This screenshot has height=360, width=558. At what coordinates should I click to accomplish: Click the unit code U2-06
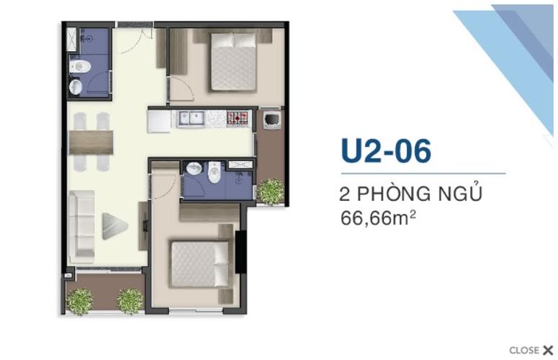coord(386,151)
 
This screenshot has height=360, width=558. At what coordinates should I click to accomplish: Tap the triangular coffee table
coord(113,225)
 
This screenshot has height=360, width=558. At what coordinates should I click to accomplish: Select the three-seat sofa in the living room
coord(81,224)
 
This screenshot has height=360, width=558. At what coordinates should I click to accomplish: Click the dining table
coord(91,142)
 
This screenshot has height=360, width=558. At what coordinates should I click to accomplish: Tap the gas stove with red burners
coord(238,118)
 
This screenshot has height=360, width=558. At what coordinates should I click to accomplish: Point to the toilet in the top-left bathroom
coord(80,67)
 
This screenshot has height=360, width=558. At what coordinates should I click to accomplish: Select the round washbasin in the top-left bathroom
coord(76,87)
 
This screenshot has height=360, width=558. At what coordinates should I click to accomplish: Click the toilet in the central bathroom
coord(214,173)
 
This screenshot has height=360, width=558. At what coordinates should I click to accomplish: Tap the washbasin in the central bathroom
coord(194,170)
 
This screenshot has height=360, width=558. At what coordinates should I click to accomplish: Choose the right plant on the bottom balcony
coord(130,300)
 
